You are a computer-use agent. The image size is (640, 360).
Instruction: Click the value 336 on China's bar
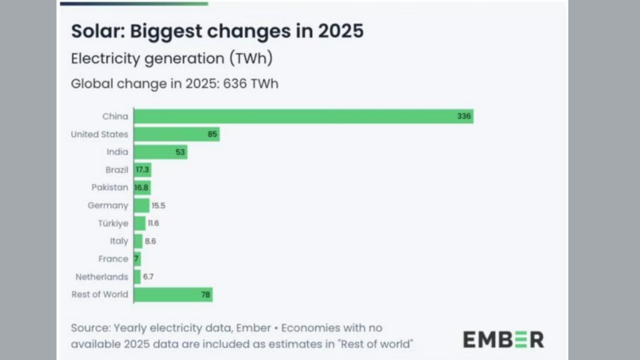(464, 116)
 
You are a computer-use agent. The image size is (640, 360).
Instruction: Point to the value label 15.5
(159, 205)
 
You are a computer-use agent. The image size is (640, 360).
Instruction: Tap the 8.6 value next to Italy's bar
(151, 241)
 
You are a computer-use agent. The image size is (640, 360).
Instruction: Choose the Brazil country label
(117, 169)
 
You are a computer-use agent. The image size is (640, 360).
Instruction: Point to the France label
(113, 259)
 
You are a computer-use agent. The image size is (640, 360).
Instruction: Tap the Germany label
(107, 205)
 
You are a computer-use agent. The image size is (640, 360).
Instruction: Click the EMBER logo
(503, 339)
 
